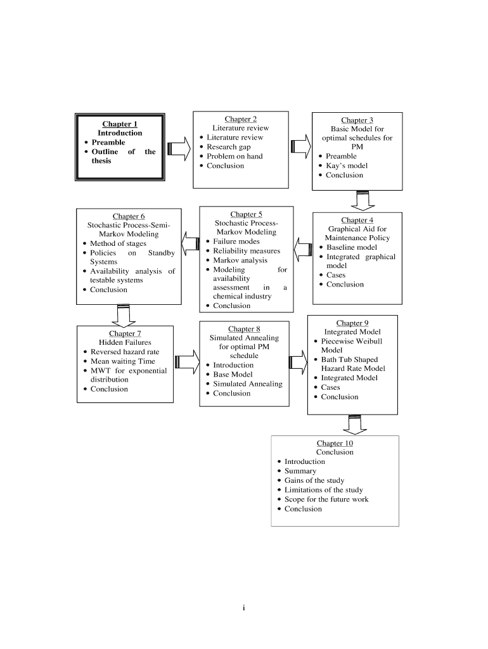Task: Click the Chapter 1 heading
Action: click(120, 124)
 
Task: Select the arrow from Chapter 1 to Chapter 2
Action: click(179, 148)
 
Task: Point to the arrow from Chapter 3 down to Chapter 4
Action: click(363, 200)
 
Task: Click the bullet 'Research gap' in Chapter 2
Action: click(228, 147)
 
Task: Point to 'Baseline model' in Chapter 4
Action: click(351, 247)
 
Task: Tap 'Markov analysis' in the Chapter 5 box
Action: click(240, 260)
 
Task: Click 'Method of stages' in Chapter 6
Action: click(118, 243)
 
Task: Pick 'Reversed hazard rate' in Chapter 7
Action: click(125, 352)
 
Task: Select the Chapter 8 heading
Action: click(244, 329)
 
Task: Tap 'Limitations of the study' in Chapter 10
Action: click(324, 490)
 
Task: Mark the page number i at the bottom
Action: click(243, 608)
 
